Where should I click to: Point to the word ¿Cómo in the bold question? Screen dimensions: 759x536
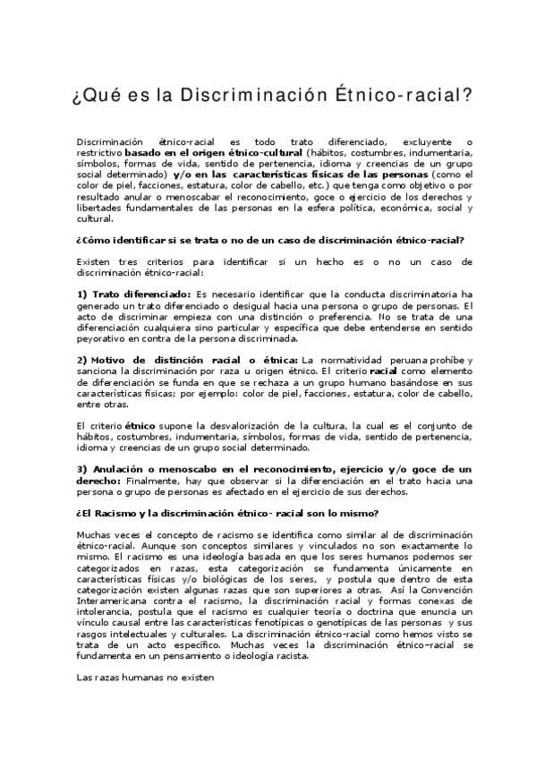pos(94,239)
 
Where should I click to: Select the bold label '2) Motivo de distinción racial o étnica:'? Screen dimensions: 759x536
pos(179,359)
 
